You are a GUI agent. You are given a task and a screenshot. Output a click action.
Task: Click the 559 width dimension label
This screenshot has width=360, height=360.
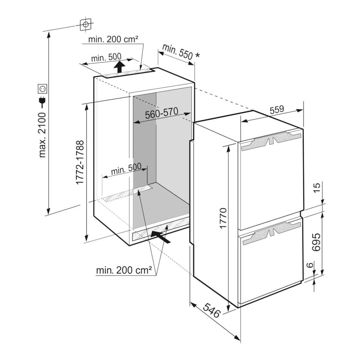[x=277, y=110]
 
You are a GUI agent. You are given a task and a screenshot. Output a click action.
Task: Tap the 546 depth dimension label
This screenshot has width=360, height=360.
[x=212, y=310]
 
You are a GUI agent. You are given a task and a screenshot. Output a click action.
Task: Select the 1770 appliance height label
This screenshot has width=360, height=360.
[x=223, y=219]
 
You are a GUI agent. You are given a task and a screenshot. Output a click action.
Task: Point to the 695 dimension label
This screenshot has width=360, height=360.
[x=316, y=242]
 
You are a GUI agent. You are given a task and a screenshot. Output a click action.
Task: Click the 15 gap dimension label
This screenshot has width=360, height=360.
[x=316, y=188]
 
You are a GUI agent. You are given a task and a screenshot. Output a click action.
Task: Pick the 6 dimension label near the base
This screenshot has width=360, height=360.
[x=310, y=265]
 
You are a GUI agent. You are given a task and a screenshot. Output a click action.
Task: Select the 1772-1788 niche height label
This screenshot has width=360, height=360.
[x=80, y=162]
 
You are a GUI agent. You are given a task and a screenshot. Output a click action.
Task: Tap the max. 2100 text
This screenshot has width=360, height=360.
[x=42, y=135]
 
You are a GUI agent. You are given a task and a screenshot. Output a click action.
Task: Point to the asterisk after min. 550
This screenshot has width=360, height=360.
[x=197, y=55]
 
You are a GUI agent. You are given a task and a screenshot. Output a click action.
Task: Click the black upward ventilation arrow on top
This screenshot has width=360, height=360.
[x=119, y=66]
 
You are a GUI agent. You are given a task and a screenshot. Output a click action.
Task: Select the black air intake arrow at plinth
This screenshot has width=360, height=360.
[x=161, y=237]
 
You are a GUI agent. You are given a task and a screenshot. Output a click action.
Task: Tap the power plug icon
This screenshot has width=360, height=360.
[x=42, y=102]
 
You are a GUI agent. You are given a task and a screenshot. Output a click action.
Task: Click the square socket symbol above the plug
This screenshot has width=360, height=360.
[x=42, y=89]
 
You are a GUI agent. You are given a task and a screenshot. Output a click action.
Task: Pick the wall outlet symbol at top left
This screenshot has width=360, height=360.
[x=86, y=24]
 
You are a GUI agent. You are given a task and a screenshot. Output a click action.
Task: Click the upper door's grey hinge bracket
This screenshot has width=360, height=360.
[x=271, y=141]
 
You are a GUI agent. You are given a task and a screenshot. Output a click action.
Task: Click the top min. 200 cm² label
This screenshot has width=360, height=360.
[x=113, y=39]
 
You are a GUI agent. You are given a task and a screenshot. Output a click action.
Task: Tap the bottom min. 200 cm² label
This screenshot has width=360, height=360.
[x=124, y=270]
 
